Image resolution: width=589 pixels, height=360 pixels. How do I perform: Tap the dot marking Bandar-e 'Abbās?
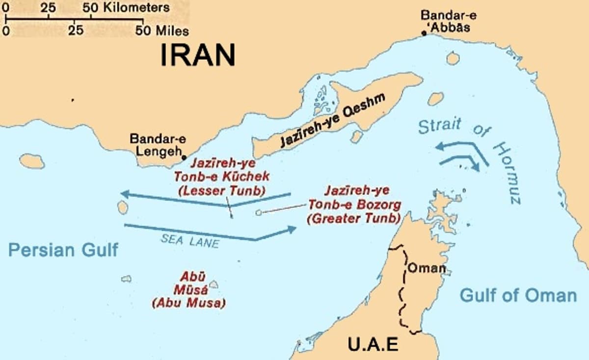pyautogui.click(x=424, y=33)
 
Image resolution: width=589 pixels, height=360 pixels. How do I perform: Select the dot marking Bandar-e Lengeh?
pyautogui.click(x=184, y=157)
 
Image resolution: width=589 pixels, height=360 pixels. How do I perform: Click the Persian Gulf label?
pyautogui.click(x=63, y=250)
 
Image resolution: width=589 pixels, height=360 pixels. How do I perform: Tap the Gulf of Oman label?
pyautogui.click(x=518, y=295)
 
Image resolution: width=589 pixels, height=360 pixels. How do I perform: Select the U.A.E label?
pyautogui.click(x=373, y=345)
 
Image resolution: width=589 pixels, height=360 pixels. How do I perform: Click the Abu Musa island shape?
pyautogui.click(x=214, y=284)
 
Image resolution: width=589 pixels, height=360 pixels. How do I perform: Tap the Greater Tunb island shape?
pyautogui.click(x=259, y=213)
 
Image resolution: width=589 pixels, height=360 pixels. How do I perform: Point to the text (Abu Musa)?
pyautogui.click(x=188, y=303)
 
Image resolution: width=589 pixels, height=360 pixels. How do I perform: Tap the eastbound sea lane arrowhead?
pyautogui.click(x=293, y=229)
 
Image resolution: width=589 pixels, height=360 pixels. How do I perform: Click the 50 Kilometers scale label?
pyautogui.click(x=126, y=7)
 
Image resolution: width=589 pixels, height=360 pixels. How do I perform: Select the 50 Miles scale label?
pyautogui.click(x=164, y=31)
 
